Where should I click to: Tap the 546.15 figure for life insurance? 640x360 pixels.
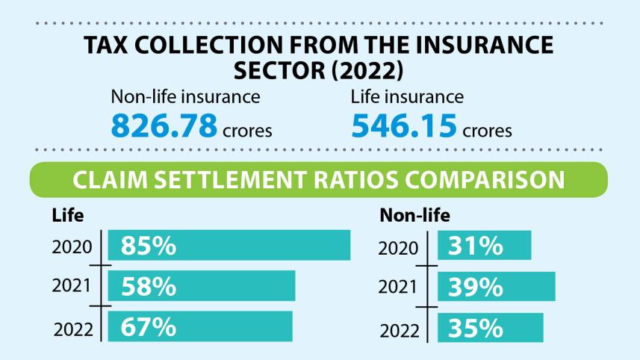pyautogui.click(x=403, y=125)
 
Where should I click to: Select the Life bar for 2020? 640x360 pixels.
pyautogui.click(x=229, y=246)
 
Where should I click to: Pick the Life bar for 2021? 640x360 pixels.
pyautogui.click(x=202, y=286)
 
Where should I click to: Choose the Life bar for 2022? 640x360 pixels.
pyautogui.click(x=200, y=326)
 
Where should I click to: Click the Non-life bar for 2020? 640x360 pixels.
pyautogui.click(x=484, y=246)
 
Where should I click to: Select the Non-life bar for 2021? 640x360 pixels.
pyautogui.click(x=496, y=286)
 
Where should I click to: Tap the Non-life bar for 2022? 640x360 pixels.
pyautogui.click(x=490, y=326)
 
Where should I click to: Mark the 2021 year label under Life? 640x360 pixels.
pyautogui.click(x=72, y=287)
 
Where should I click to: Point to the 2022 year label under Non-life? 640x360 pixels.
pyautogui.click(x=400, y=329)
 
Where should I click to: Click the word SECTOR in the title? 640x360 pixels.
pyautogui.click(x=278, y=71)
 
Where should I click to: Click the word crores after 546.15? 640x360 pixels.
pyautogui.click(x=487, y=131)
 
